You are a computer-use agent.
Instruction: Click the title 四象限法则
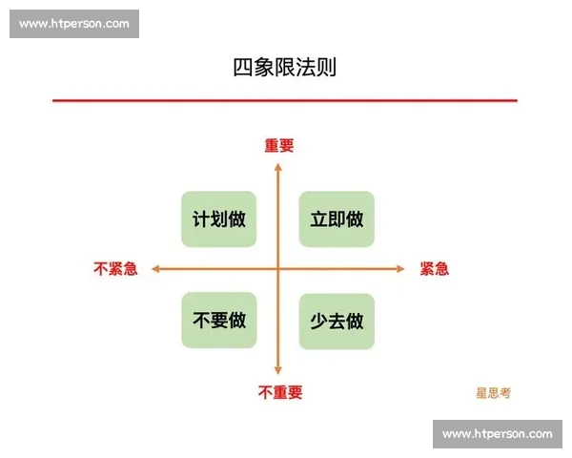(x=284, y=68)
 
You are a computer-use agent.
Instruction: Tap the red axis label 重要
(x=279, y=146)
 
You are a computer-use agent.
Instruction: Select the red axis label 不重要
(x=279, y=392)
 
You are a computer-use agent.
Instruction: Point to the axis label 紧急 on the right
(x=434, y=269)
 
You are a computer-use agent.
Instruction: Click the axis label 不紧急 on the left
(x=115, y=269)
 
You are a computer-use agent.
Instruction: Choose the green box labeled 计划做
(x=219, y=219)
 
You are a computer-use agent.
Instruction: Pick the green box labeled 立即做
(x=337, y=219)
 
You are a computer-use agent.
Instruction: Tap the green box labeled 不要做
(x=219, y=321)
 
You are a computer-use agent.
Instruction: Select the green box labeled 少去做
(x=337, y=321)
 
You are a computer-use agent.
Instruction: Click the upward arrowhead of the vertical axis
(x=278, y=166)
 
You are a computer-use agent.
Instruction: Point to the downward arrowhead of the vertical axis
(x=278, y=371)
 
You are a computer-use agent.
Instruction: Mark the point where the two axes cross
(x=278, y=269)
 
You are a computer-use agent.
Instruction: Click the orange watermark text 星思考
(x=493, y=392)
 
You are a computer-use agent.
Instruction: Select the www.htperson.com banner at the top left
(x=75, y=24)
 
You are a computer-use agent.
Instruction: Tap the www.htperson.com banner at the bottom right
(x=497, y=434)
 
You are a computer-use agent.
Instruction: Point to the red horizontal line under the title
(x=284, y=100)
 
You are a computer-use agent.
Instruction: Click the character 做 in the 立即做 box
(x=355, y=219)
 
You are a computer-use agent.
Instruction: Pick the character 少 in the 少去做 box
(x=318, y=321)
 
